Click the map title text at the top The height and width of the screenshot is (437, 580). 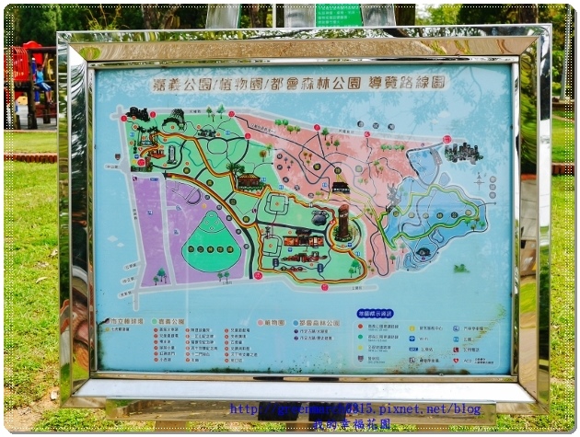(299, 83)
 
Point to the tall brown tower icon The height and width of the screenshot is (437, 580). (342, 222)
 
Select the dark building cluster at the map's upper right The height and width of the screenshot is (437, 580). (463, 152)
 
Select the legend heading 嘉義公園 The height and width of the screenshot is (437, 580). (171, 322)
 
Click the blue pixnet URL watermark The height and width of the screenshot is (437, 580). (354, 408)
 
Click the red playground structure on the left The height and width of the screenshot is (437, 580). (28, 74)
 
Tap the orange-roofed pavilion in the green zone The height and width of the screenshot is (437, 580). (249, 181)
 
